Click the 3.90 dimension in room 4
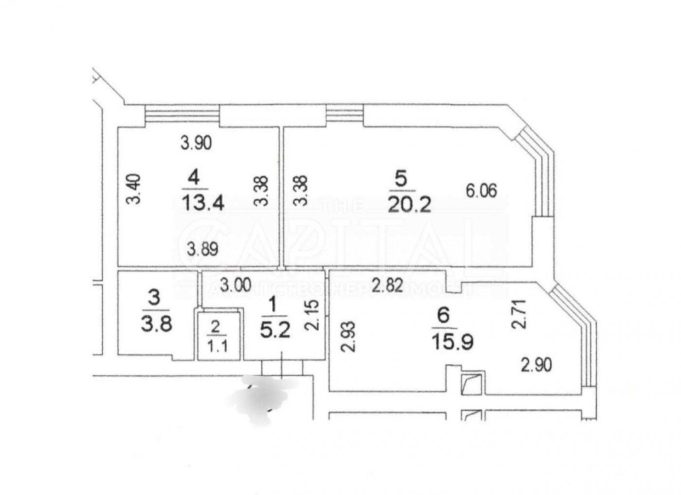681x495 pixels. coord(196,143)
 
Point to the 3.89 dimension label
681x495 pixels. coord(202,249)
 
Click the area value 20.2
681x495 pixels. coord(409,204)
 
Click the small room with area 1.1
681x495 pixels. coord(216,336)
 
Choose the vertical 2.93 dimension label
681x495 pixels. coord(345,334)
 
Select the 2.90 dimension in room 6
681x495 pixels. coord(537,364)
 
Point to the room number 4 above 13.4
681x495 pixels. coord(195,178)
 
